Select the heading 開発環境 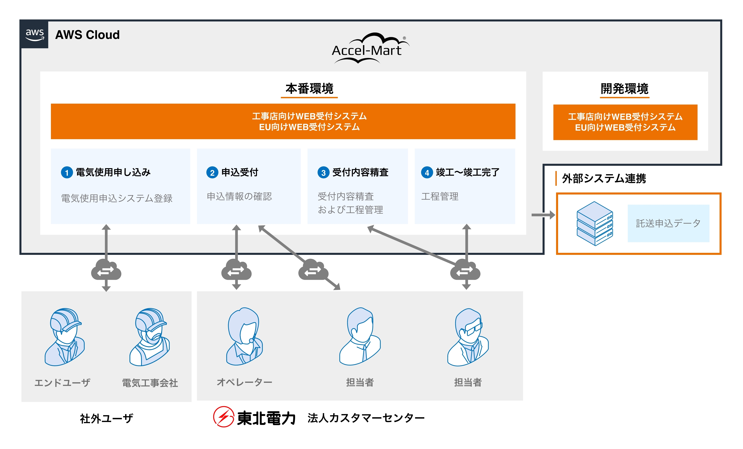pyautogui.click(x=624, y=89)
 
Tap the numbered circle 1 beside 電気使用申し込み pyautogui.click(x=67, y=173)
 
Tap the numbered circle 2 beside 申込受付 pyautogui.click(x=212, y=173)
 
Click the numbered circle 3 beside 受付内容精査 pyautogui.click(x=323, y=173)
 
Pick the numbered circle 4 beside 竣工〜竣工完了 pyautogui.click(x=427, y=173)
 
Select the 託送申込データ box pyautogui.click(x=668, y=223)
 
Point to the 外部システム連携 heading pyautogui.click(x=604, y=178)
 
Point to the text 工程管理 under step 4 pyautogui.click(x=440, y=197)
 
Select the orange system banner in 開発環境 pyautogui.click(x=625, y=122)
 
